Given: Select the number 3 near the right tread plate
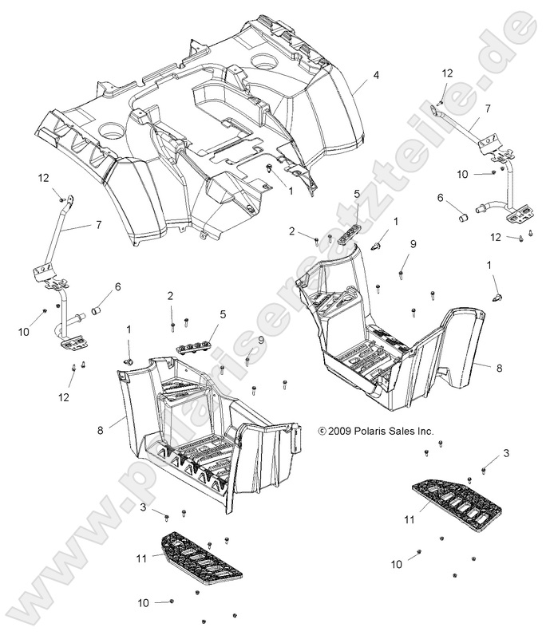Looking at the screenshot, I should [504, 454].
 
